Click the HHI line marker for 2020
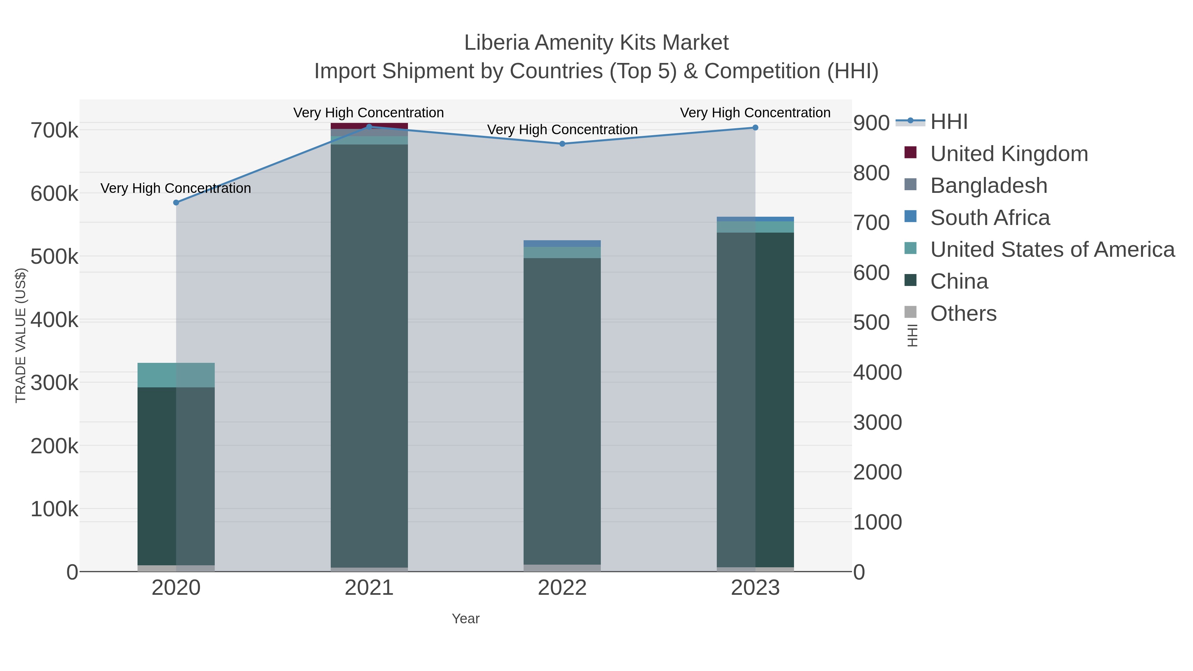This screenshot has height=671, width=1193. pos(176,202)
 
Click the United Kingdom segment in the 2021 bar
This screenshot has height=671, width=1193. pos(369,126)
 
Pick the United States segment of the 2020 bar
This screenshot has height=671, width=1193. pos(176,375)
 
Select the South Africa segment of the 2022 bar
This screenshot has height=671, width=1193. pos(562,244)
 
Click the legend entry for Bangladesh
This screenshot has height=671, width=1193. pos(988,186)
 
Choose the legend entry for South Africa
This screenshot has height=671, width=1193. pos(990,218)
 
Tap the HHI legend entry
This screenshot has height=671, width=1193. pos(948,122)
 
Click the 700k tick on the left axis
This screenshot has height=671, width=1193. pos(55,131)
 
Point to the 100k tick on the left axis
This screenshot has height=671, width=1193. pos(55,509)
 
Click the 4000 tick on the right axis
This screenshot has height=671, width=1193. pos(877,372)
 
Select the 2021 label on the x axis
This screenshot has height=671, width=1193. pos(369,587)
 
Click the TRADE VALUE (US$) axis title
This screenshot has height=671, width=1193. pos(21,335)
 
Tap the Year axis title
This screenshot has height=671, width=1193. pos(466,619)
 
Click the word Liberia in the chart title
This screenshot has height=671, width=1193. pos(497,43)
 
